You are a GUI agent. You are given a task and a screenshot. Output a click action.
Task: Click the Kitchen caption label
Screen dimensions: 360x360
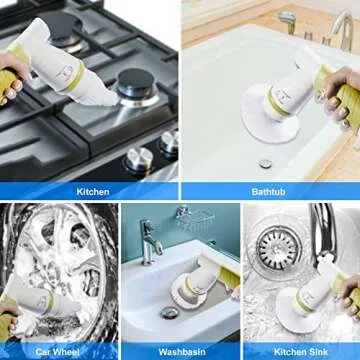pos(91,190)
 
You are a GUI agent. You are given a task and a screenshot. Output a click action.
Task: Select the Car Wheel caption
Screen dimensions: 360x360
pos(58,352)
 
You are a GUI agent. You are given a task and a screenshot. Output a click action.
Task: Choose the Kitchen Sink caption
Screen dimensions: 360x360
pos(301,352)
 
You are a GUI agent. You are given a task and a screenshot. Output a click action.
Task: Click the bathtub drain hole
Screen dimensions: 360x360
pos(265,163)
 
